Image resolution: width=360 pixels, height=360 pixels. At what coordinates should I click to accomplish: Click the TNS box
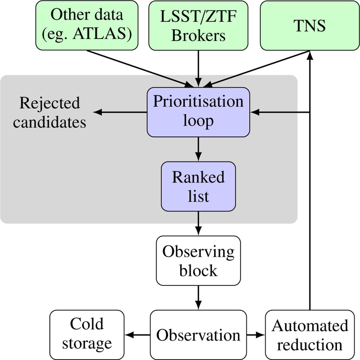pos(310,25)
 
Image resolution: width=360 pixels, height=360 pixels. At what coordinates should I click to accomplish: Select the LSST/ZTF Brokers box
pos(198,25)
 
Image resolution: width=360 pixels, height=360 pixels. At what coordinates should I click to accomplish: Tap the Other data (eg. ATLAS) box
pos(87,25)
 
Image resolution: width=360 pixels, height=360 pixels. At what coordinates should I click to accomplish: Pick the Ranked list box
pos(198,186)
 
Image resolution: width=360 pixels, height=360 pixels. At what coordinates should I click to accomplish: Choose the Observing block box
pos(198,260)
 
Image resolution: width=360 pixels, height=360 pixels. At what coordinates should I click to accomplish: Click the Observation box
pos(198,335)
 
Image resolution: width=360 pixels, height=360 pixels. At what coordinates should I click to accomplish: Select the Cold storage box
pos(87,335)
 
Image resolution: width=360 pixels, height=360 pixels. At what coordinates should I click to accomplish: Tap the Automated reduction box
pos(310,335)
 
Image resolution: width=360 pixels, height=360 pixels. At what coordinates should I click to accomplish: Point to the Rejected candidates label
pos(50,112)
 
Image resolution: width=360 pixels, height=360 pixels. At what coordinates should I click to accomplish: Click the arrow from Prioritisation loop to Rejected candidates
pos(120,112)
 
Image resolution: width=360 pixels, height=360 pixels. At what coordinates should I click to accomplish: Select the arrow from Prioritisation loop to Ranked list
pos(198,149)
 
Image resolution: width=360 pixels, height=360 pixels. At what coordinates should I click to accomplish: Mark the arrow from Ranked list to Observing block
pos(198,223)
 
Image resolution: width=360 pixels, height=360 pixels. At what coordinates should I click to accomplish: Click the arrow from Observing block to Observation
pos(198,297)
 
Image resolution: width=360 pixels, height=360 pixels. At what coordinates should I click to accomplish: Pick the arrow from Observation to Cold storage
pos(137,335)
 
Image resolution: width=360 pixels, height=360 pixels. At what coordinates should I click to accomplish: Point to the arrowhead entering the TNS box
pos(310,54)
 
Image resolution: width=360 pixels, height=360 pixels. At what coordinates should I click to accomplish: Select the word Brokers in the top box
pos(198,36)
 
